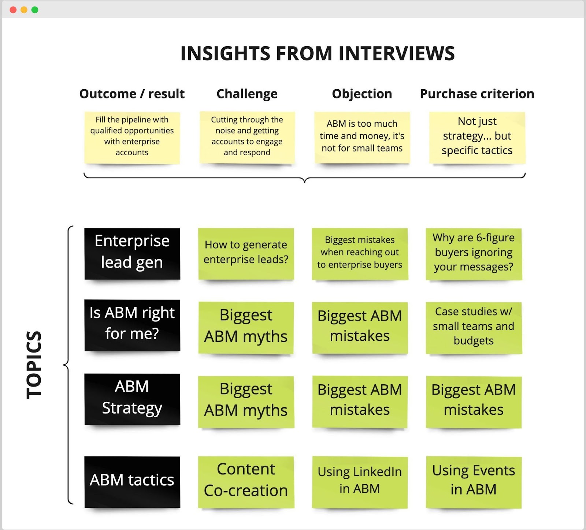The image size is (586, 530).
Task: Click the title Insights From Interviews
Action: pyautogui.click(x=318, y=53)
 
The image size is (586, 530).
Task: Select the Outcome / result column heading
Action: pyautogui.click(x=132, y=94)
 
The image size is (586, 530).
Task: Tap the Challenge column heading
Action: pyautogui.click(x=247, y=94)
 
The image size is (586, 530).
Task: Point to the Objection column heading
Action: pyautogui.click(x=362, y=94)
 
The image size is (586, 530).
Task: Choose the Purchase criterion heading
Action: pyautogui.click(x=477, y=94)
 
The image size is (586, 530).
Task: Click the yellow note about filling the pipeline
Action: pyautogui.click(x=132, y=138)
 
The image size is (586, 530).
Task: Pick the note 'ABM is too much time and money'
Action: pyautogui.click(x=362, y=138)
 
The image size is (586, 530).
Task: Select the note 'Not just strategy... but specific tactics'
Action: pyautogui.click(x=477, y=138)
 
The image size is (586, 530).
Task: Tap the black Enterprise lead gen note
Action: pyautogui.click(x=132, y=254)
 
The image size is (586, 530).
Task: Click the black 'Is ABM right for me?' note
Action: pyautogui.click(x=132, y=325)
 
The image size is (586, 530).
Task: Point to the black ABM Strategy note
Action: pyautogui.click(x=132, y=399)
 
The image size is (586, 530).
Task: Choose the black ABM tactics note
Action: pyautogui.click(x=132, y=482)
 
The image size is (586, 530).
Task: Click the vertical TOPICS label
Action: pyautogui.click(x=34, y=365)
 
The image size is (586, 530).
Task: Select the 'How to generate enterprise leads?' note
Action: pyautogui.click(x=246, y=254)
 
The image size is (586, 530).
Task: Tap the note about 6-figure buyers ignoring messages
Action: pyautogui.click(x=474, y=254)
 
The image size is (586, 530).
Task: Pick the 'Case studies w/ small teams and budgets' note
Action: pyautogui.click(x=474, y=328)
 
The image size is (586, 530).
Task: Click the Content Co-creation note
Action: pyautogui.click(x=246, y=482)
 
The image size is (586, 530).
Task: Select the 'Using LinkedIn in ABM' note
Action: pyautogui.click(x=360, y=482)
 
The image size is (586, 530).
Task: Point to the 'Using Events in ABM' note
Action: pyautogui.click(x=474, y=482)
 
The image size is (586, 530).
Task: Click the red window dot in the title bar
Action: pyautogui.click(x=13, y=10)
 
